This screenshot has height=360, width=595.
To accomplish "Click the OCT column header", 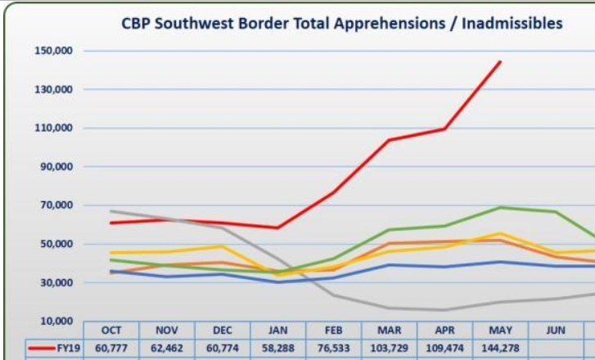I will (x=111, y=330).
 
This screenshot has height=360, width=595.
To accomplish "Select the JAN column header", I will (x=277, y=330).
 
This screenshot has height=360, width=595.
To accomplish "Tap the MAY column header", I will (x=499, y=330).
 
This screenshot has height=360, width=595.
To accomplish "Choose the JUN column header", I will (x=555, y=330).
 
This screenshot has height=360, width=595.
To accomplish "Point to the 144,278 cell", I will (x=499, y=349).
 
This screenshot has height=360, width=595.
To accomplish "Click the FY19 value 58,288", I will (x=277, y=349).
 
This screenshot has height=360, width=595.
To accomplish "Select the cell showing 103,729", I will (x=389, y=349).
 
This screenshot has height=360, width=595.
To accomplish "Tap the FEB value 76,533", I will (x=333, y=349).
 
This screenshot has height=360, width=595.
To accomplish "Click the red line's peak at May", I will (x=500, y=61).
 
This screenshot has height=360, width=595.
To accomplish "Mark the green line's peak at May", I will (x=500, y=207).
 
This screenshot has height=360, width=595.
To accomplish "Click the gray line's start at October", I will (x=110, y=211).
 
